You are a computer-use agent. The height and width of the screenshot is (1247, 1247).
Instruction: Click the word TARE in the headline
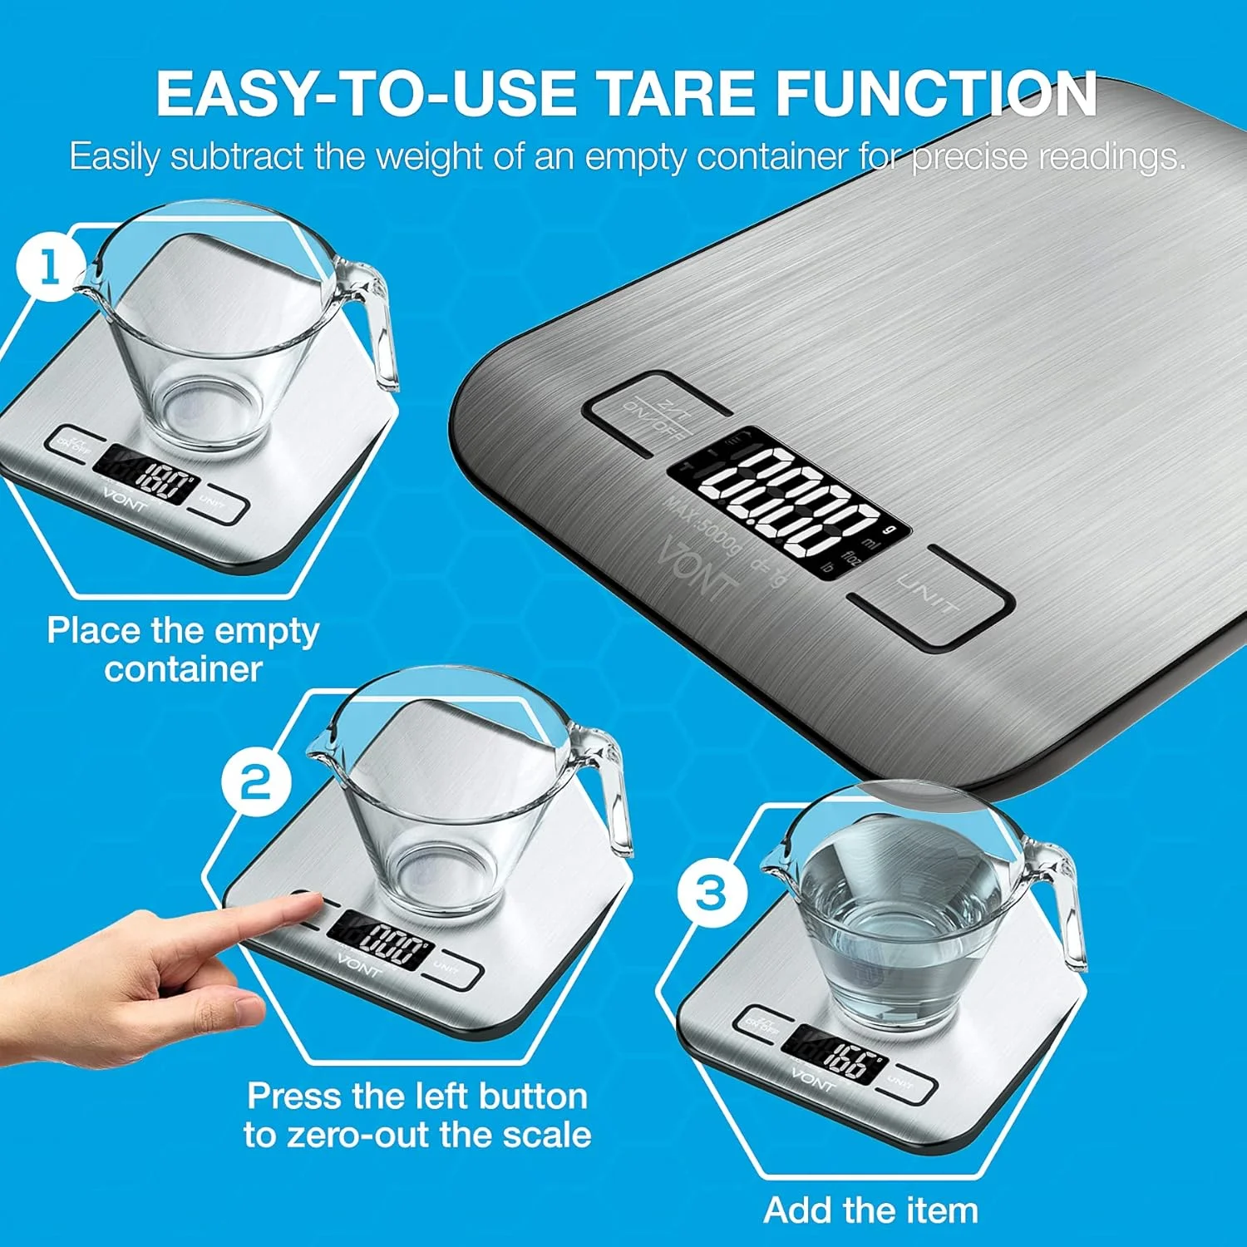pos(679,93)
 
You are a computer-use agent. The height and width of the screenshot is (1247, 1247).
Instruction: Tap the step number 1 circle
pos(50,268)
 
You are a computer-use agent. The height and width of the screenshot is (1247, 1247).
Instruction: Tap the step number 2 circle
pos(256,782)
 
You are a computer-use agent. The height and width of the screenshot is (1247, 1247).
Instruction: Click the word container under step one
pos(184,670)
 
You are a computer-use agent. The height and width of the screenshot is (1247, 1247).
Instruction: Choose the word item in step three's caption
pos(943,1210)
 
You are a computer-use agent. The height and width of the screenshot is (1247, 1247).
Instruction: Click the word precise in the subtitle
pos(969,157)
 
